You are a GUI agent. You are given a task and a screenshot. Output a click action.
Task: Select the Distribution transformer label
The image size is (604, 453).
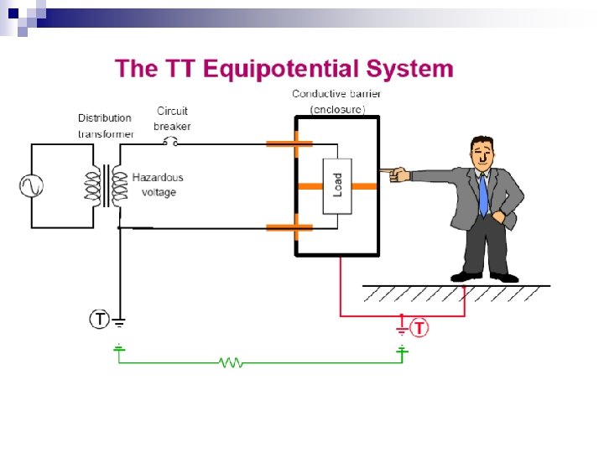[x=105, y=126]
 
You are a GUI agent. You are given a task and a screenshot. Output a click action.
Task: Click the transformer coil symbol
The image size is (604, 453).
[x=106, y=185]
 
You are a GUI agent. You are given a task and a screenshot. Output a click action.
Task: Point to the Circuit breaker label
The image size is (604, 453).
[x=172, y=118]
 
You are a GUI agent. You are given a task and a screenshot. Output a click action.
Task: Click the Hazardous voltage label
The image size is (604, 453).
[x=158, y=185]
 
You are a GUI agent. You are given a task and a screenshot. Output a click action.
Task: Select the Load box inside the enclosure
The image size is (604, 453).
[x=337, y=185]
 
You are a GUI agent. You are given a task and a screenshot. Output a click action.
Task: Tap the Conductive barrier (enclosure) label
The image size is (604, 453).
[x=336, y=101]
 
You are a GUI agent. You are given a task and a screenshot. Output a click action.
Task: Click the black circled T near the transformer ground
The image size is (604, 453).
[x=99, y=319]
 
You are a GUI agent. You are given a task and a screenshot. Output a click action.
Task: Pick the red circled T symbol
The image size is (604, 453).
[x=419, y=327]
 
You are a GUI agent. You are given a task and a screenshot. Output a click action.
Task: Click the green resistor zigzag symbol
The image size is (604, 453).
[x=231, y=362]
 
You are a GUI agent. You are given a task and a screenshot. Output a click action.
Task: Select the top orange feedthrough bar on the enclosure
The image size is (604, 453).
[x=289, y=143]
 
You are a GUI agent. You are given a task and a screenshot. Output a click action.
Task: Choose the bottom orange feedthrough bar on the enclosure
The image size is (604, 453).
[x=289, y=227]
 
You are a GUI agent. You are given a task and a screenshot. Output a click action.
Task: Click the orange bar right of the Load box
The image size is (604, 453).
[x=364, y=185]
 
